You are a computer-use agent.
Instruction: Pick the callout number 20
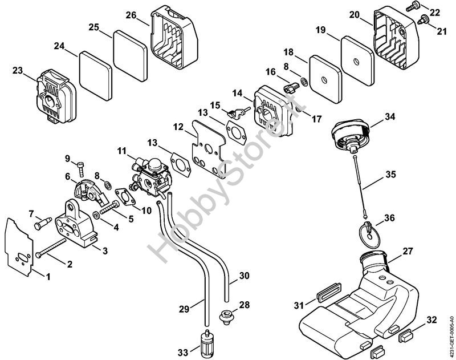point(353,15)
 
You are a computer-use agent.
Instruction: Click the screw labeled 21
point(422,20)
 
